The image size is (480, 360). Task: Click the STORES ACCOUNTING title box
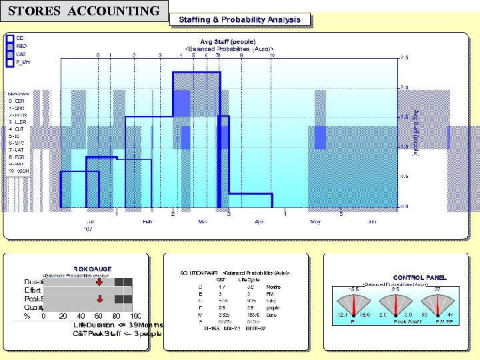(x=84, y=11)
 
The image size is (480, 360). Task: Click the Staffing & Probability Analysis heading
(x=239, y=20)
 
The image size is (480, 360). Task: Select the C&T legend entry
(x=21, y=54)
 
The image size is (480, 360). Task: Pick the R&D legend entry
(x=21, y=46)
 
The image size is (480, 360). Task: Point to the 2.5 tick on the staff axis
(x=404, y=58)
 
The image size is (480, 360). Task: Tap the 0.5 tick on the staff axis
(x=404, y=177)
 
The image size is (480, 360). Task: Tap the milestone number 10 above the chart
(x=272, y=55)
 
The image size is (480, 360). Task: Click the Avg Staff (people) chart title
(x=227, y=41)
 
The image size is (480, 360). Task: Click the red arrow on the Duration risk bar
(x=99, y=282)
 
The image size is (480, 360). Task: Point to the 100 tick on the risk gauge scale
(x=136, y=316)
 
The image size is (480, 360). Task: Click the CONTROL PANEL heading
(x=420, y=277)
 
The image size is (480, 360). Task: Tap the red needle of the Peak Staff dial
(x=395, y=305)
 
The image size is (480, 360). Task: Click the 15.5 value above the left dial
(x=354, y=289)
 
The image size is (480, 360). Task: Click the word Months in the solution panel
(x=273, y=286)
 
